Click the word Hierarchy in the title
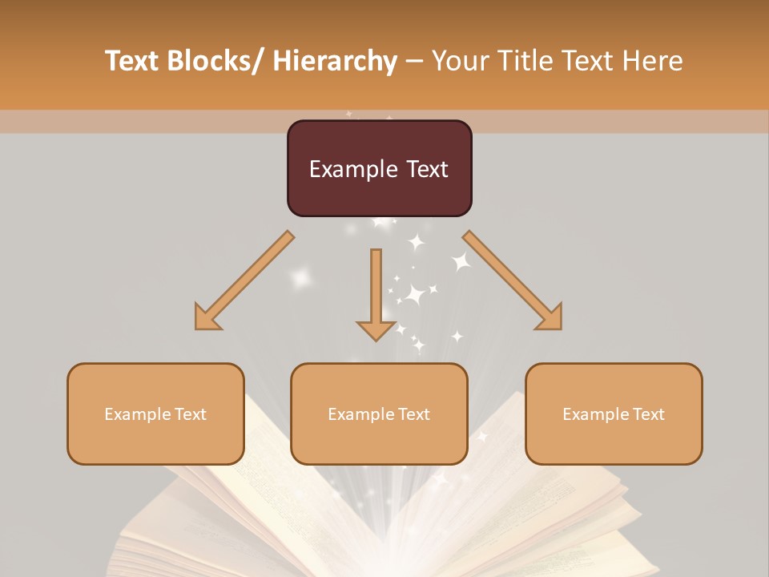(x=335, y=62)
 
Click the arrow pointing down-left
(x=244, y=280)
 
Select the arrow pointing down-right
(x=513, y=280)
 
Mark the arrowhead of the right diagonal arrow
(x=550, y=317)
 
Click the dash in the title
(x=415, y=62)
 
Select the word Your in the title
(x=459, y=62)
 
